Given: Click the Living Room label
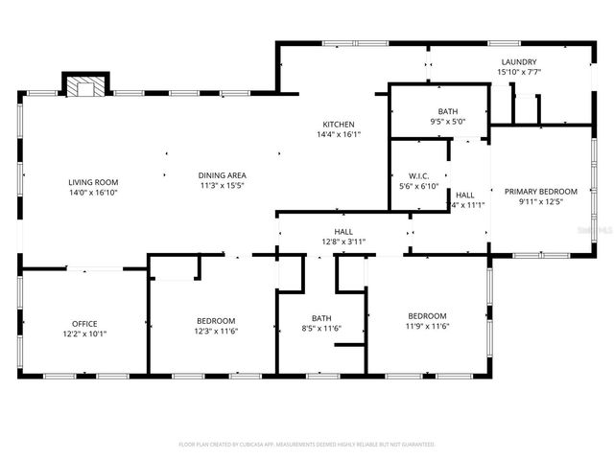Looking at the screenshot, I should (92, 182).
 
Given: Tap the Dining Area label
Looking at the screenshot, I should (223, 175).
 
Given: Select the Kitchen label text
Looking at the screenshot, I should (339, 125).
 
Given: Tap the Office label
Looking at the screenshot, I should (85, 324).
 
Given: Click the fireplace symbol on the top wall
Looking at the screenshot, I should (85, 87).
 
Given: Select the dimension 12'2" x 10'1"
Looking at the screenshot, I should (85, 334).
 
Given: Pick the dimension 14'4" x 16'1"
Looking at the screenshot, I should (339, 135).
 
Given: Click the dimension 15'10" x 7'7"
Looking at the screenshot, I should (518, 72).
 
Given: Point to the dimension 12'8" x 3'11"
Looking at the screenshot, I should (342, 242).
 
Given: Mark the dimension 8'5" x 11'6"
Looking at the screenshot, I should (320, 329).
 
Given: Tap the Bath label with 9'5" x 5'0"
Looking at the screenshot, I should (448, 111).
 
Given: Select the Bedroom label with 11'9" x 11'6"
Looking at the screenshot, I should (427, 316).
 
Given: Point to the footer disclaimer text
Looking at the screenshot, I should (307, 445).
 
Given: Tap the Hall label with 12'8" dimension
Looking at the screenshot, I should (342, 232).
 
